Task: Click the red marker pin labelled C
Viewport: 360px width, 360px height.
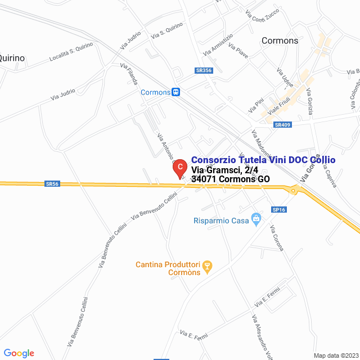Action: click(179, 168)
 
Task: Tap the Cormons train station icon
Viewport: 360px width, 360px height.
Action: click(176, 92)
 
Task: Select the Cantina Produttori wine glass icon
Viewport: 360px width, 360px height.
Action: click(206, 265)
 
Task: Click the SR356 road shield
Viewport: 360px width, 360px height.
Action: click(204, 70)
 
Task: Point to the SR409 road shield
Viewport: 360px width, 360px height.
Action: click(282, 125)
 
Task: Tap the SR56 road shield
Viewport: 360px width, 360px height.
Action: click(52, 183)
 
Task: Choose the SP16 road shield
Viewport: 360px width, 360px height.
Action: click(279, 210)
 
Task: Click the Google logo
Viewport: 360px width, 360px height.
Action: click(19, 353)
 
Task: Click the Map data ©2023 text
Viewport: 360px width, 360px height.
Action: click(336, 355)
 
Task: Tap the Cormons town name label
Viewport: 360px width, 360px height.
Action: click(280, 41)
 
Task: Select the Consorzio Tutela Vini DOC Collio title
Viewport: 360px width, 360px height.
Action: click(263, 160)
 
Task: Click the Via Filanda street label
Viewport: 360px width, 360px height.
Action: click(129, 74)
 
